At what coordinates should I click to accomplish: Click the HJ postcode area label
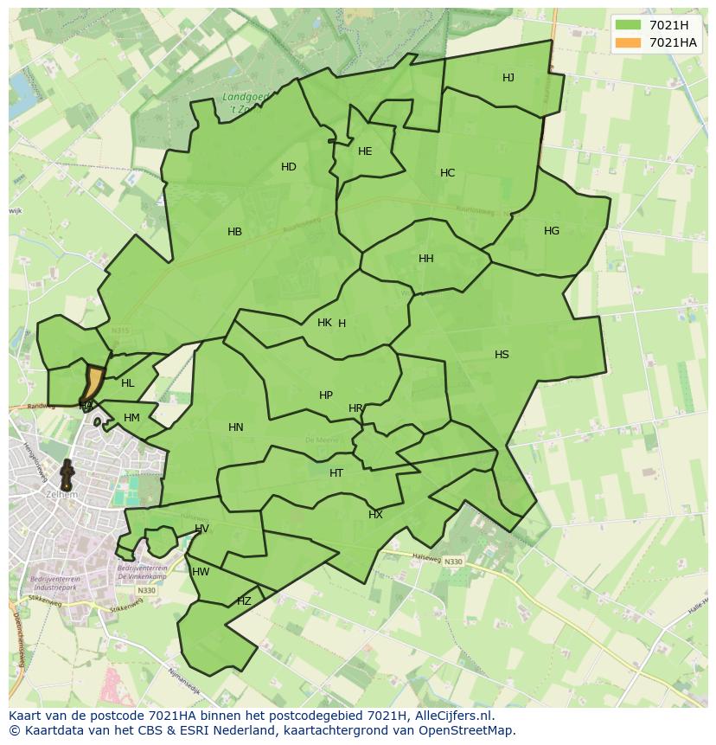click(x=508, y=78)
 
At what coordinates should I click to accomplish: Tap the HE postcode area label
click(x=365, y=151)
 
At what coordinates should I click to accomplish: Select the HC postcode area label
click(x=447, y=173)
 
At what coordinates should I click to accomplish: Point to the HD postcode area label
click(x=289, y=167)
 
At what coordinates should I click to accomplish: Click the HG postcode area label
click(x=552, y=231)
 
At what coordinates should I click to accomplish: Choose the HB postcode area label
click(x=234, y=232)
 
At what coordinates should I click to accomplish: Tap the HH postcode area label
click(x=426, y=259)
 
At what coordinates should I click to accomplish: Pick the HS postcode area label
click(x=502, y=355)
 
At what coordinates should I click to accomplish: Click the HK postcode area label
click(x=324, y=323)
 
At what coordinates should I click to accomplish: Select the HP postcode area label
click(x=326, y=395)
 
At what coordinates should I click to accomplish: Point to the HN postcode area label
click(x=236, y=427)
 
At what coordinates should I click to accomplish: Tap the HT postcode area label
click(x=336, y=473)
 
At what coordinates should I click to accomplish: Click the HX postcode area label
click(x=375, y=515)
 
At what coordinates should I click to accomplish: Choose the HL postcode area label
click(x=128, y=383)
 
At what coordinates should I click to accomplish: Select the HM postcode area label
click(x=131, y=418)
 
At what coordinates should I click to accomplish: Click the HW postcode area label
click(x=201, y=572)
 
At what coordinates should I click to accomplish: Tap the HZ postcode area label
click(x=244, y=601)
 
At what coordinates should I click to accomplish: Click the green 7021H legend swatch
click(x=628, y=25)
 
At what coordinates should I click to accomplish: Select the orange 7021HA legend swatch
click(x=628, y=42)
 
